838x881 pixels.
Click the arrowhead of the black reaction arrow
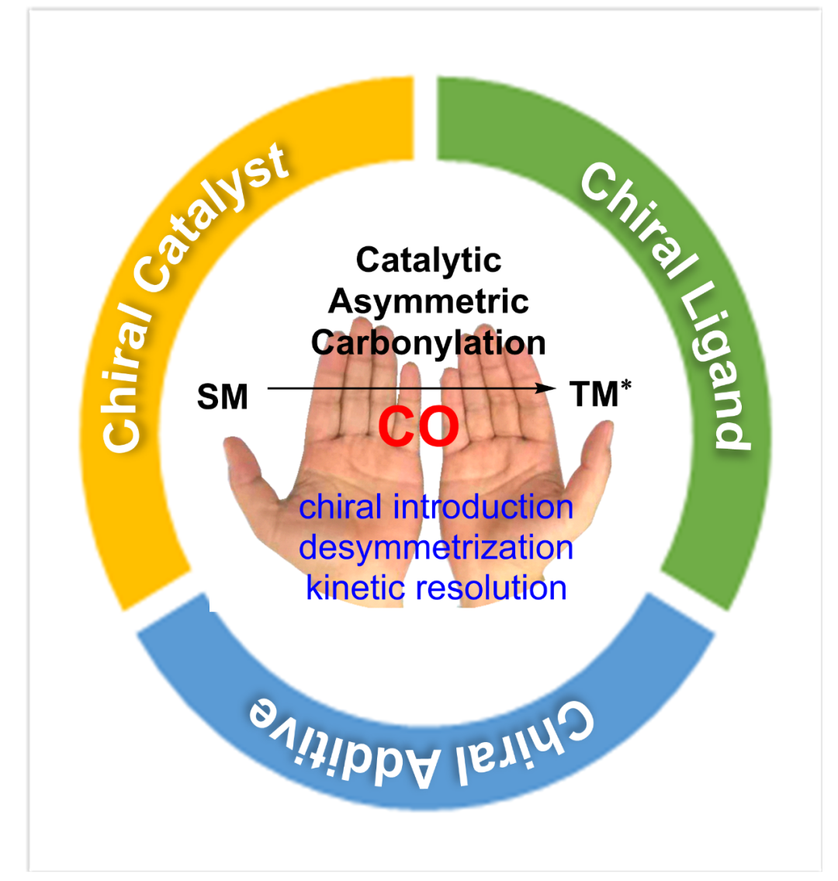click(x=549, y=387)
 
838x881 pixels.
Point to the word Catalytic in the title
click(x=429, y=260)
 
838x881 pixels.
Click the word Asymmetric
click(x=429, y=301)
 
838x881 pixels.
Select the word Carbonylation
click(x=429, y=342)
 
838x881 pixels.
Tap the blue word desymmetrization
click(x=436, y=547)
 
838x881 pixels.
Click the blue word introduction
click(x=483, y=508)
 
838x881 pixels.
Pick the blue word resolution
click(x=488, y=588)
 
